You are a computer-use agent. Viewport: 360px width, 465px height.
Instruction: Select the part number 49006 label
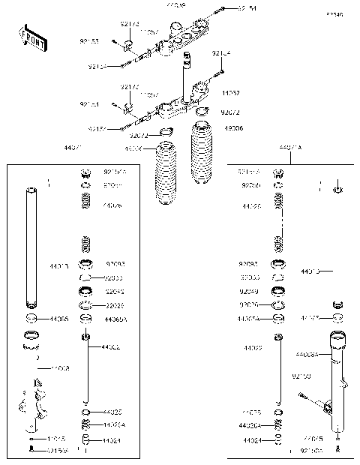pyautogui.click(x=233, y=129)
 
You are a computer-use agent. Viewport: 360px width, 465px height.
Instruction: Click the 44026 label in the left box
pyautogui.click(x=113, y=204)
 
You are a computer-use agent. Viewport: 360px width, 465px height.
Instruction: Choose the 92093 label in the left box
pyautogui.click(x=115, y=264)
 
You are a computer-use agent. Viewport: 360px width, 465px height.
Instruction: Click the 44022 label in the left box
pyautogui.click(x=111, y=347)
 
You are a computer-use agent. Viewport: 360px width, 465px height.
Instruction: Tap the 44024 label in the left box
pyautogui.click(x=112, y=440)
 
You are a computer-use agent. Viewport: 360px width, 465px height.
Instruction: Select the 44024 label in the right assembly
pyautogui.click(x=251, y=440)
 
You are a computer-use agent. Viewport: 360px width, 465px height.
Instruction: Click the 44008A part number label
pyautogui.click(x=307, y=353)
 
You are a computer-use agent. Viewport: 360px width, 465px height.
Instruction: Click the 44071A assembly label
pyautogui.click(x=289, y=148)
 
